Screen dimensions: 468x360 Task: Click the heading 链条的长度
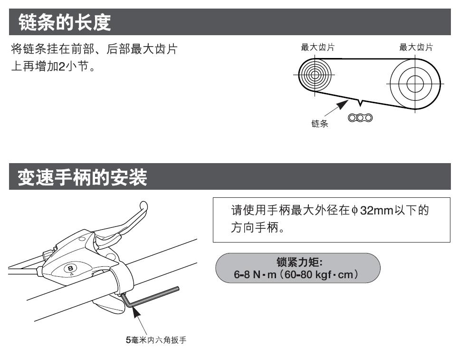(x=65, y=22)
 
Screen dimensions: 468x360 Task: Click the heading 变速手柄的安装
(x=82, y=177)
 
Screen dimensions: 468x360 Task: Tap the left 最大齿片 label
(x=317, y=47)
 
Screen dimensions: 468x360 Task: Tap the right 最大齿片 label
(x=416, y=47)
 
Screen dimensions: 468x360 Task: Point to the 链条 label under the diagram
(x=320, y=124)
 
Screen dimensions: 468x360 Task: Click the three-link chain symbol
(x=360, y=117)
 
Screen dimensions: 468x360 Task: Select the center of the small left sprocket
(x=315, y=75)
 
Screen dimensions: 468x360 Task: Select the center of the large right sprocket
(x=415, y=84)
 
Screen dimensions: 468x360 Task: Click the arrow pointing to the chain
(x=336, y=108)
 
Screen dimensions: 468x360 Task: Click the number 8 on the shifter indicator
(x=70, y=268)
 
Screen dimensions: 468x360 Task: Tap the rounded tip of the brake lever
(x=144, y=205)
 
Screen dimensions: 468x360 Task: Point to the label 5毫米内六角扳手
(x=156, y=340)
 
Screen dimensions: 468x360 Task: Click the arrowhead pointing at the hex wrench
(x=136, y=312)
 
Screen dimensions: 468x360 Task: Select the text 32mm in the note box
(x=376, y=211)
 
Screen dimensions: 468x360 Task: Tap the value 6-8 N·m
(x=255, y=274)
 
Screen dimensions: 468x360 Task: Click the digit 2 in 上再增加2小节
(x=62, y=66)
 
